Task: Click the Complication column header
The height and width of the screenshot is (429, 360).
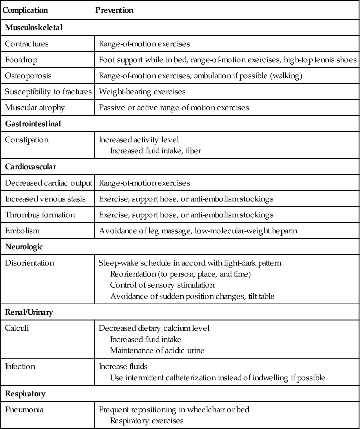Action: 25,10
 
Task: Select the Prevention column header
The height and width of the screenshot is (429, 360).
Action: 114,10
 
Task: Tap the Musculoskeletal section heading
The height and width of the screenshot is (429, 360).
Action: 34,28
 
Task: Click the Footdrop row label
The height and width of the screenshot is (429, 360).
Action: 21,60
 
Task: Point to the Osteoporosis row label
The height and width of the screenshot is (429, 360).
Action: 28,76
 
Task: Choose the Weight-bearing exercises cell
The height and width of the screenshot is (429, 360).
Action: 142,92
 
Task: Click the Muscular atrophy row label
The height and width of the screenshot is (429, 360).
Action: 35,108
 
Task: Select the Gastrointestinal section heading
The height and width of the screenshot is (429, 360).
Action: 33,124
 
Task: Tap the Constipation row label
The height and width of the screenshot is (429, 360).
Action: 27,140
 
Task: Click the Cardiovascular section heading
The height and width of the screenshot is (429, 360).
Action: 31,167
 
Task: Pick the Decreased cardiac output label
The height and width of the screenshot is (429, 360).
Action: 48,183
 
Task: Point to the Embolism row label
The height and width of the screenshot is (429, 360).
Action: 22,231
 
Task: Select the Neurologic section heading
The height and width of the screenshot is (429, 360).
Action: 24,247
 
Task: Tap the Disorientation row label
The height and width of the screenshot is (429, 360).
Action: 30,263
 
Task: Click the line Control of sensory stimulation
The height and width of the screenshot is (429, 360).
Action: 162,285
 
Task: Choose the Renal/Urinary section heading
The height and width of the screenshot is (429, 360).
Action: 29,312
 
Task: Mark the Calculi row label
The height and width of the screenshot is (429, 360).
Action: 17,328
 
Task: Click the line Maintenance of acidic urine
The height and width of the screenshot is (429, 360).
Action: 157,350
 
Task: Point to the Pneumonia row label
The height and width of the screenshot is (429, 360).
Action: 24,410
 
